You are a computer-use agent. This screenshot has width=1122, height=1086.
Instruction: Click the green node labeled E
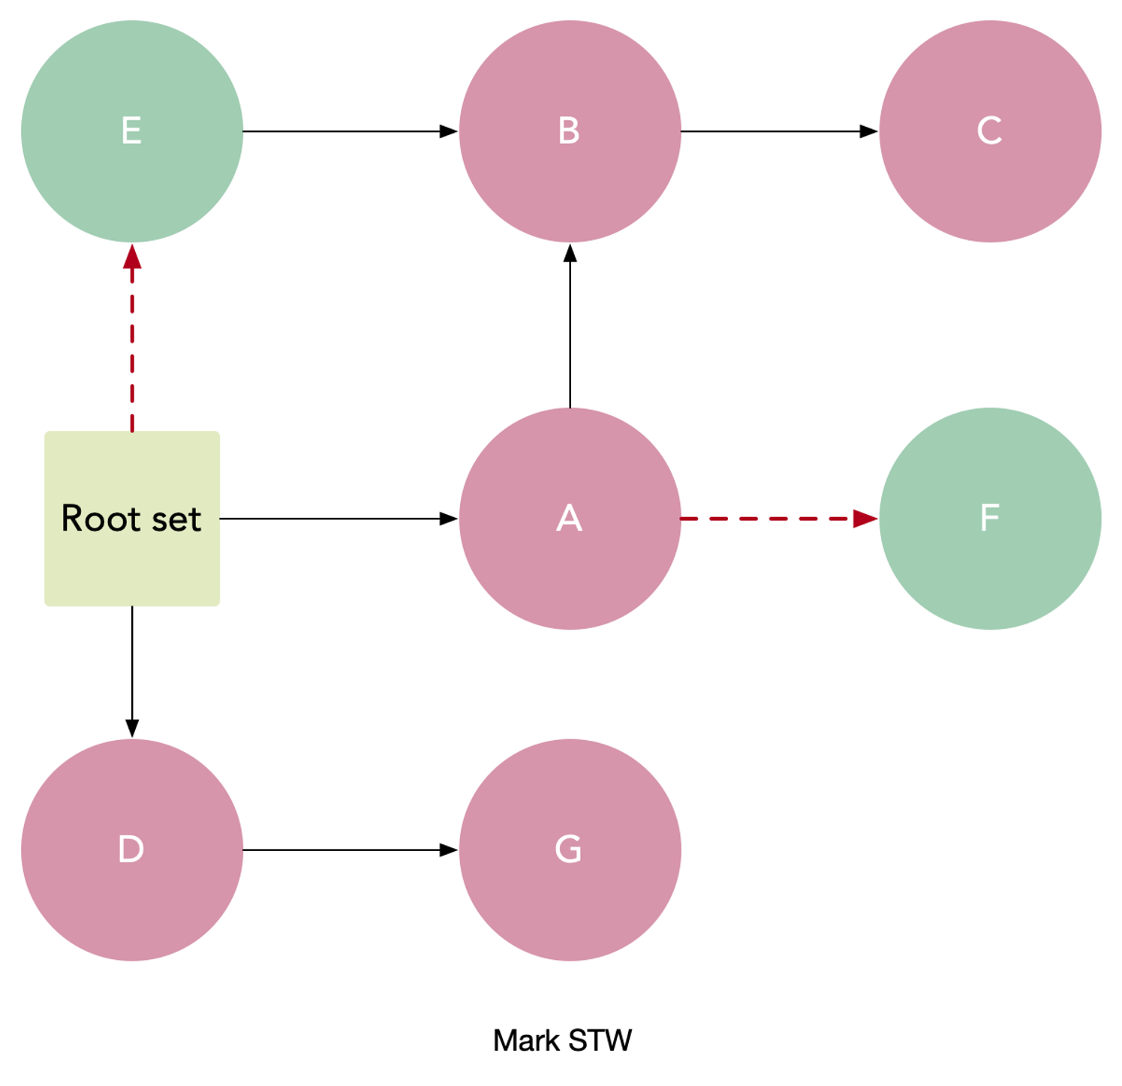[132, 131]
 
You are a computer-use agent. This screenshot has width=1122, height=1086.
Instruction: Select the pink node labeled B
[570, 131]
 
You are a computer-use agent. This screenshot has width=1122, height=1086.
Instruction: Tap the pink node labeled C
[990, 131]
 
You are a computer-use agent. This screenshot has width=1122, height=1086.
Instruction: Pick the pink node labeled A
[570, 519]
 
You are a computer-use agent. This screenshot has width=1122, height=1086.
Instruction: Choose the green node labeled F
[990, 519]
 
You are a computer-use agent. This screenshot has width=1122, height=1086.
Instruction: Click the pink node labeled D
[132, 850]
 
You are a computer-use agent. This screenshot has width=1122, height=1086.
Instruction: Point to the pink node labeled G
[570, 850]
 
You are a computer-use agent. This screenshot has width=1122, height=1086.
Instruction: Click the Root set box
[132, 519]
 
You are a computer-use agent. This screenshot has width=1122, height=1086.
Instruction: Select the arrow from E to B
[350, 131]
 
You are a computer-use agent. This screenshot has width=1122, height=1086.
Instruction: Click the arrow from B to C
[780, 131]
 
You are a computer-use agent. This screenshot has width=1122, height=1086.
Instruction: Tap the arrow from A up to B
[570, 326]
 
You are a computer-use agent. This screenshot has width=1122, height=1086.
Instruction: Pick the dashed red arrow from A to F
[780, 519]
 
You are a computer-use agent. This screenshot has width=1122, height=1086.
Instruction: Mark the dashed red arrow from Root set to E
[132, 338]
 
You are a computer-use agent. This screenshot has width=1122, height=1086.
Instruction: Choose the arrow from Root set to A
[339, 519]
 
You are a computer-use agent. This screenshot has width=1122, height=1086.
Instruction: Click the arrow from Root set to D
[132, 672]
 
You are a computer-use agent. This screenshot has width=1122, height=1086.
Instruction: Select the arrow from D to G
[350, 850]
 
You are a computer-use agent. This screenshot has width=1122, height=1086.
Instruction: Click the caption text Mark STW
[562, 1041]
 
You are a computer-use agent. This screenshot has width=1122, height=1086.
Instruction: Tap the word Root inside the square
[90, 519]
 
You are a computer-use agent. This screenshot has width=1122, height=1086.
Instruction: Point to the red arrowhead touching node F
[866, 519]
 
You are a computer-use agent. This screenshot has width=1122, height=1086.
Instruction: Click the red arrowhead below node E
[132, 256]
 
